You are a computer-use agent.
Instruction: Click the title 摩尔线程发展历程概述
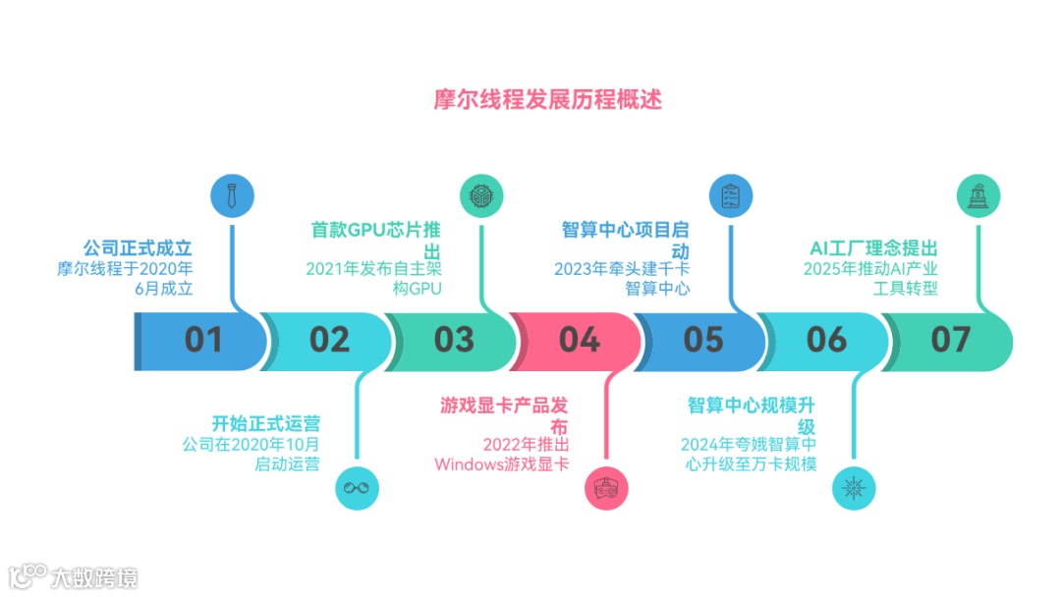[548, 100]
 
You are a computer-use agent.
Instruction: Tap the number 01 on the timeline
[204, 340]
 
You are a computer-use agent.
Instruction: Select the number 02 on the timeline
[329, 340]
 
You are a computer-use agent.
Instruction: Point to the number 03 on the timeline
[454, 340]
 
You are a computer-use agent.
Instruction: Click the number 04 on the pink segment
[579, 340]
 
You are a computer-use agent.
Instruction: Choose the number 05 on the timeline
[703, 340]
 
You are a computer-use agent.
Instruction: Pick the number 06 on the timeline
[827, 340]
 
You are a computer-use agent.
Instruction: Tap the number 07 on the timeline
[951, 340]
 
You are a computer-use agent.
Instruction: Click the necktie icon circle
[232, 195]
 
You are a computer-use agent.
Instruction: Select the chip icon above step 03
[480, 195]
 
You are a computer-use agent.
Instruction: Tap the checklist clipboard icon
[730, 195]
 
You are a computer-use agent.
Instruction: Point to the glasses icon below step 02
[357, 487]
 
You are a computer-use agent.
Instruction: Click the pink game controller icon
[606, 487]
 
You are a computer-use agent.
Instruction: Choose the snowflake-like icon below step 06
[854, 487]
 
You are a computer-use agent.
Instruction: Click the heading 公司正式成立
[138, 246]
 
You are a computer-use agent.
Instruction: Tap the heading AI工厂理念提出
[873, 246]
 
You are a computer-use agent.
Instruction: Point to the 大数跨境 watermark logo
[74, 575]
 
